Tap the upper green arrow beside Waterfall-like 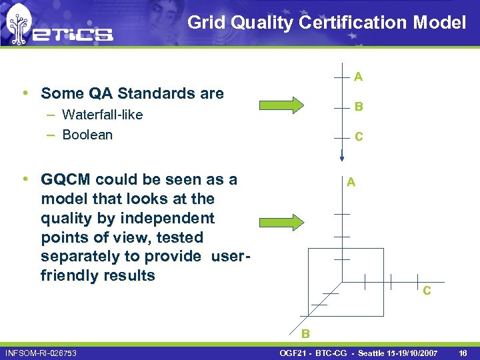pos(280,106)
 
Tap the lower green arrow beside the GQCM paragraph pos(280,222)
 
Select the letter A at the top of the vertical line pos(359,77)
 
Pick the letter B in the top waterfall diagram pos(359,107)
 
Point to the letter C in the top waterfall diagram pos(359,137)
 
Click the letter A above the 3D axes pos(351,182)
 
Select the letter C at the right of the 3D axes pos(427,291)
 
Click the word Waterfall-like pos(102,115)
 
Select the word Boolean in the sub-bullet pos(87,135)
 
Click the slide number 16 pos(463,352)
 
